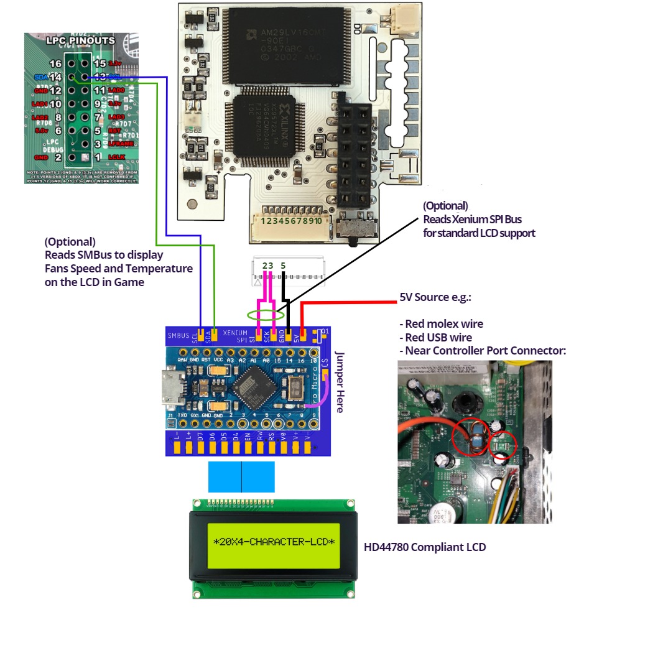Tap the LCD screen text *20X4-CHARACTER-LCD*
[274, 542]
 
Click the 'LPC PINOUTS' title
[81, 40]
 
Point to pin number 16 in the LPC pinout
[55, 64]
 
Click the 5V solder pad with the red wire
[302, 336]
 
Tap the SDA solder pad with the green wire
[214, 336]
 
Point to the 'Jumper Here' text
[340, 381]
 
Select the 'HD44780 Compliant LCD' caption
[425, 547]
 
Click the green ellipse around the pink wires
[261, 315]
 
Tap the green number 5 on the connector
[283, 266]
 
